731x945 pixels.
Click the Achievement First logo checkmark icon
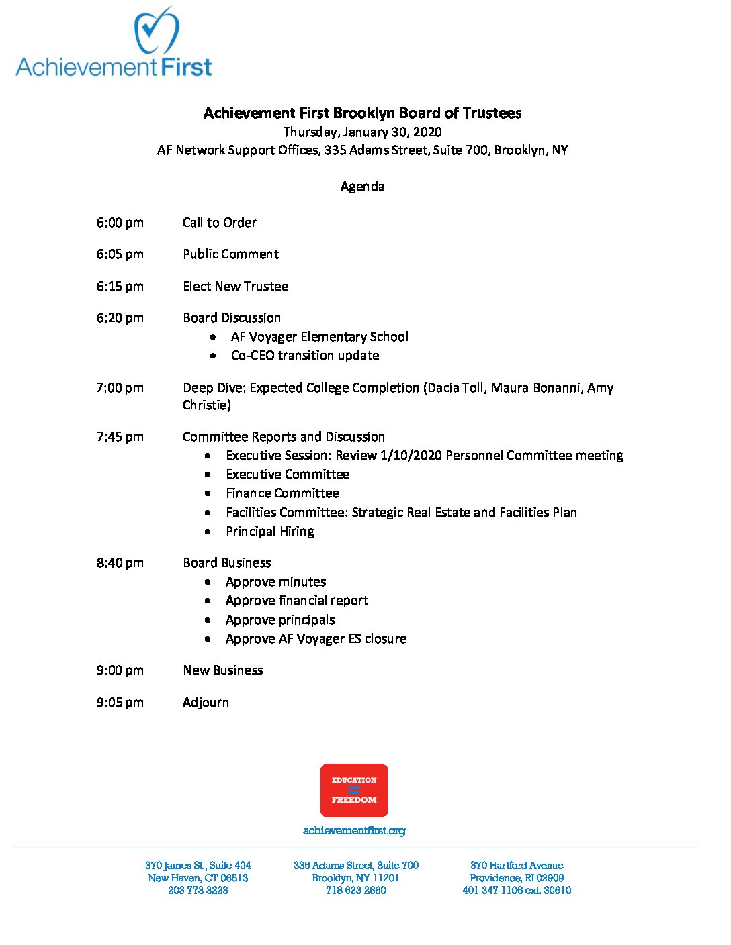click(157, 32)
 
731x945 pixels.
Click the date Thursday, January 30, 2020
click(362, 132)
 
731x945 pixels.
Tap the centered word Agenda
click(362, 187)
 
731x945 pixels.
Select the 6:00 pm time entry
click(120, 223)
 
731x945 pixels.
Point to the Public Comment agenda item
click(230, 254)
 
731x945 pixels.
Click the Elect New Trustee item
click(235, 287)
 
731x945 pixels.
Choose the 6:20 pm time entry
click(120, 318)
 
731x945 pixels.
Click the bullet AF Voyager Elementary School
click(319, 337)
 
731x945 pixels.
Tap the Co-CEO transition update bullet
click(304, 356)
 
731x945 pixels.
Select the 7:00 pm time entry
click(120, 388)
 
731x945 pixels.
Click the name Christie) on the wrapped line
click(206, 405)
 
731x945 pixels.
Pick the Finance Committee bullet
click(282, 493)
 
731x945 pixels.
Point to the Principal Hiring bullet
click(269, 532)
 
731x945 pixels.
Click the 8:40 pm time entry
click(120, 563)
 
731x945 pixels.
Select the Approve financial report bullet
click(296, 601)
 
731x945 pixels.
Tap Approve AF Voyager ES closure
click(316, 639)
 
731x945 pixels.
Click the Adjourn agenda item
click(206, 703)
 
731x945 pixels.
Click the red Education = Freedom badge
click(354, 790)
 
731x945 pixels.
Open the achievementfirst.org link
click(354, 831)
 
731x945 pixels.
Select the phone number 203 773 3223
click(198, 891)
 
